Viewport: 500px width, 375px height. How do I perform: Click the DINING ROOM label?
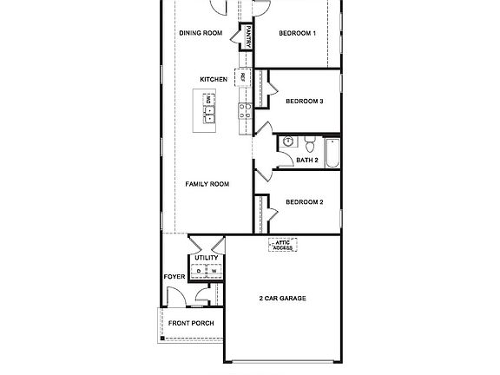[200, 34]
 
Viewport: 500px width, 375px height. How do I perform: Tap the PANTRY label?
[248, 38]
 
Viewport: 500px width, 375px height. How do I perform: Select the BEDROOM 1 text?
[297, 34]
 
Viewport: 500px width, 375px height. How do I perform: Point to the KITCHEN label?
[214, 80]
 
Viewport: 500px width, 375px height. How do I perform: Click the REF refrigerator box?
[243, 77]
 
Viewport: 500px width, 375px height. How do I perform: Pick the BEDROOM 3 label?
[305, 101]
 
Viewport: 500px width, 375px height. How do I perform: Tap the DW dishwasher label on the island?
[208, 100]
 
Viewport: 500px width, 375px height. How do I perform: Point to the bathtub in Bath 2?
[332, 151]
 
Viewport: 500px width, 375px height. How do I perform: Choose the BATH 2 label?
[307, 160]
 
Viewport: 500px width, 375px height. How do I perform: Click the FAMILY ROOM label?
[207, 184]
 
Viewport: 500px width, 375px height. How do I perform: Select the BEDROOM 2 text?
[305, 202]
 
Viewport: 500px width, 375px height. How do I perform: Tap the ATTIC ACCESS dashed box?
[283, 246]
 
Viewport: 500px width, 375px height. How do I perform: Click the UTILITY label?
[207, 258]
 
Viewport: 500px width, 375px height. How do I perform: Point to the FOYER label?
[174, 277]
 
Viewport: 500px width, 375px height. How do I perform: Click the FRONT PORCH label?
[191, 323]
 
